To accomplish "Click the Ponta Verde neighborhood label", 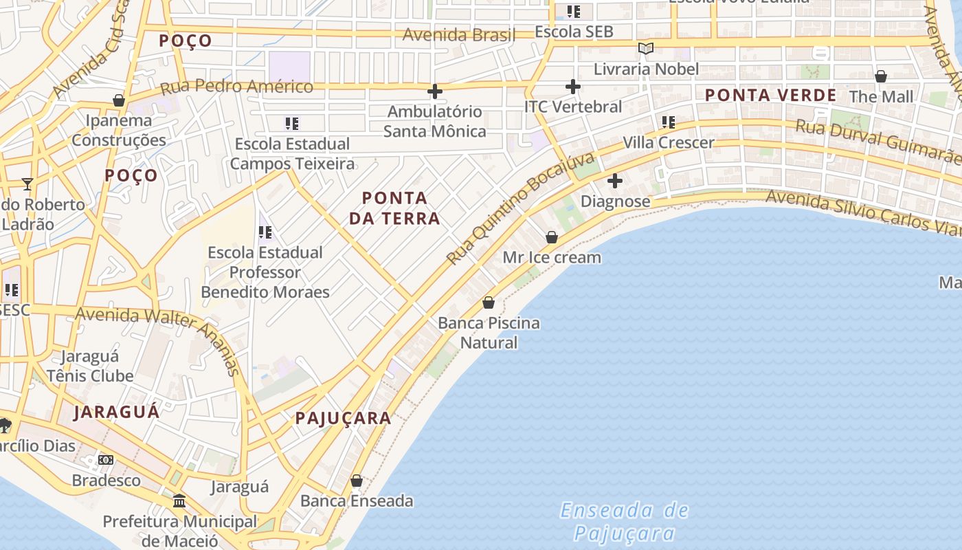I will point(771,96).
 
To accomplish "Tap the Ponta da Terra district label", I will point(394,208).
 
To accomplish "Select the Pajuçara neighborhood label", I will point(343,418).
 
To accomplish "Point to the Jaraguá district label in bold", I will point(117,412).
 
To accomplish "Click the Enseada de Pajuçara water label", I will point(624,521).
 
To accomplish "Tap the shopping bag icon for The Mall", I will point(881,76).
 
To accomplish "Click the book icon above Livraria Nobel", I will point(645,48).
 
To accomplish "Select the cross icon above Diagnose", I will point(615,181).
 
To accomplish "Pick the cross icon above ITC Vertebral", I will point(572,87).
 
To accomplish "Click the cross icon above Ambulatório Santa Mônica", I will point(434,91).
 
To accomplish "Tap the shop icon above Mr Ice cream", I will point(551,237).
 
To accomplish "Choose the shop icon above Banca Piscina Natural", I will point(489,302).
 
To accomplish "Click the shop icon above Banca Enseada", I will point(357,481).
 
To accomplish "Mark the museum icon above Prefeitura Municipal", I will point(179,500).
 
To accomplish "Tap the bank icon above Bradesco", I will point(106,459).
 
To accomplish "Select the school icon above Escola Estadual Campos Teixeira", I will point(292,124).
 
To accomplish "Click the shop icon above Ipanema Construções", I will point(119,100).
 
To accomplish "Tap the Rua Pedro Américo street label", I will point(236,87).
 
